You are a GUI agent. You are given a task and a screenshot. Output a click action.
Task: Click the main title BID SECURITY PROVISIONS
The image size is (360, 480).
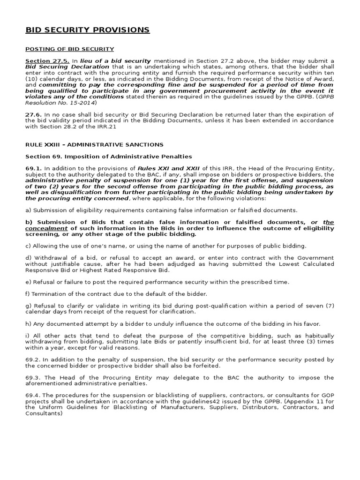point(88,30)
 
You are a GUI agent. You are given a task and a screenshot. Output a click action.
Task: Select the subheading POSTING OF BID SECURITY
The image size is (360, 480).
point(69,49)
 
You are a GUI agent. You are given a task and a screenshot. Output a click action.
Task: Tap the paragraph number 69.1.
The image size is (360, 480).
point(33,168)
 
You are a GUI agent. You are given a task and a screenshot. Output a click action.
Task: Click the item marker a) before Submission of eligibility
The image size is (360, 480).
point(28,210)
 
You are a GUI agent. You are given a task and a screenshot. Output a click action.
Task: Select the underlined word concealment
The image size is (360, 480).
point(45,228)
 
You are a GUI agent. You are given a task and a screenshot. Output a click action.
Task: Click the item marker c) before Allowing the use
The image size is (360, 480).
point(28,246)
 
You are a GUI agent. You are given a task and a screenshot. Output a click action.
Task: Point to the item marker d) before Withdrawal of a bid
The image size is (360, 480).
point(28,258)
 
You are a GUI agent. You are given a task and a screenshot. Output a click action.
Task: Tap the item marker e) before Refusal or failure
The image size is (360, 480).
point(28,282)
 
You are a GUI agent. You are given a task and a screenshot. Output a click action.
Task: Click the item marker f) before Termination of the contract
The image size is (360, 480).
point(28,294)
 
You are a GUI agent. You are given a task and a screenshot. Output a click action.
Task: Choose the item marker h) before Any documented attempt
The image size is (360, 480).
point(28,324)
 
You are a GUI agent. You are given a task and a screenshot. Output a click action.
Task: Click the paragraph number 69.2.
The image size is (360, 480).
point(33,360)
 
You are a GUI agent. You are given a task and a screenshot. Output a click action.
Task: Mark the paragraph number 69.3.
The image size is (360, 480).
point(33,377)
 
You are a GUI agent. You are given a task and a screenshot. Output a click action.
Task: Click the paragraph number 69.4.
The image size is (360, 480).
point(33,396)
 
